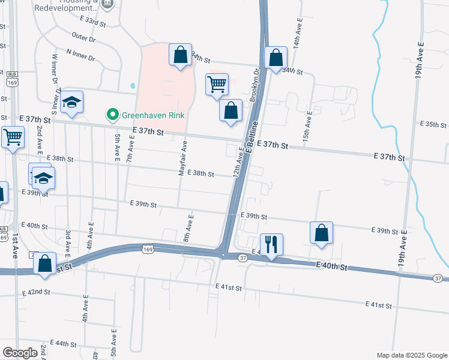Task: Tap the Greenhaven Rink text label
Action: coord(152,115)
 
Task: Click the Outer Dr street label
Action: coord(83,39)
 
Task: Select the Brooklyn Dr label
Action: coord(255,85)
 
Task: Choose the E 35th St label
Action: coord(435,125)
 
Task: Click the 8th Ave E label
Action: coord(188,229)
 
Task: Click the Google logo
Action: coord(20,353)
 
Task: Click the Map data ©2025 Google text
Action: coord(411,355)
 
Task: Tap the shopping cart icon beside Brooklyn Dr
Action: coord(216,84)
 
